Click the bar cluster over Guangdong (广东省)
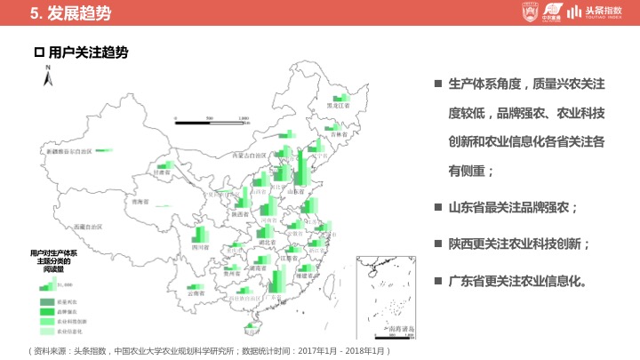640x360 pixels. (x=276, y=279)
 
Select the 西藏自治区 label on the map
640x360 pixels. (x=89, y=228)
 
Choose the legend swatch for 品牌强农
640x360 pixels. (x=44, y=313)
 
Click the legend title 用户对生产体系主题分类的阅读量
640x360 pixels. (x=53, y=260)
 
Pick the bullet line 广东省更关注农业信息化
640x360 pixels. (x=516, y=280)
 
